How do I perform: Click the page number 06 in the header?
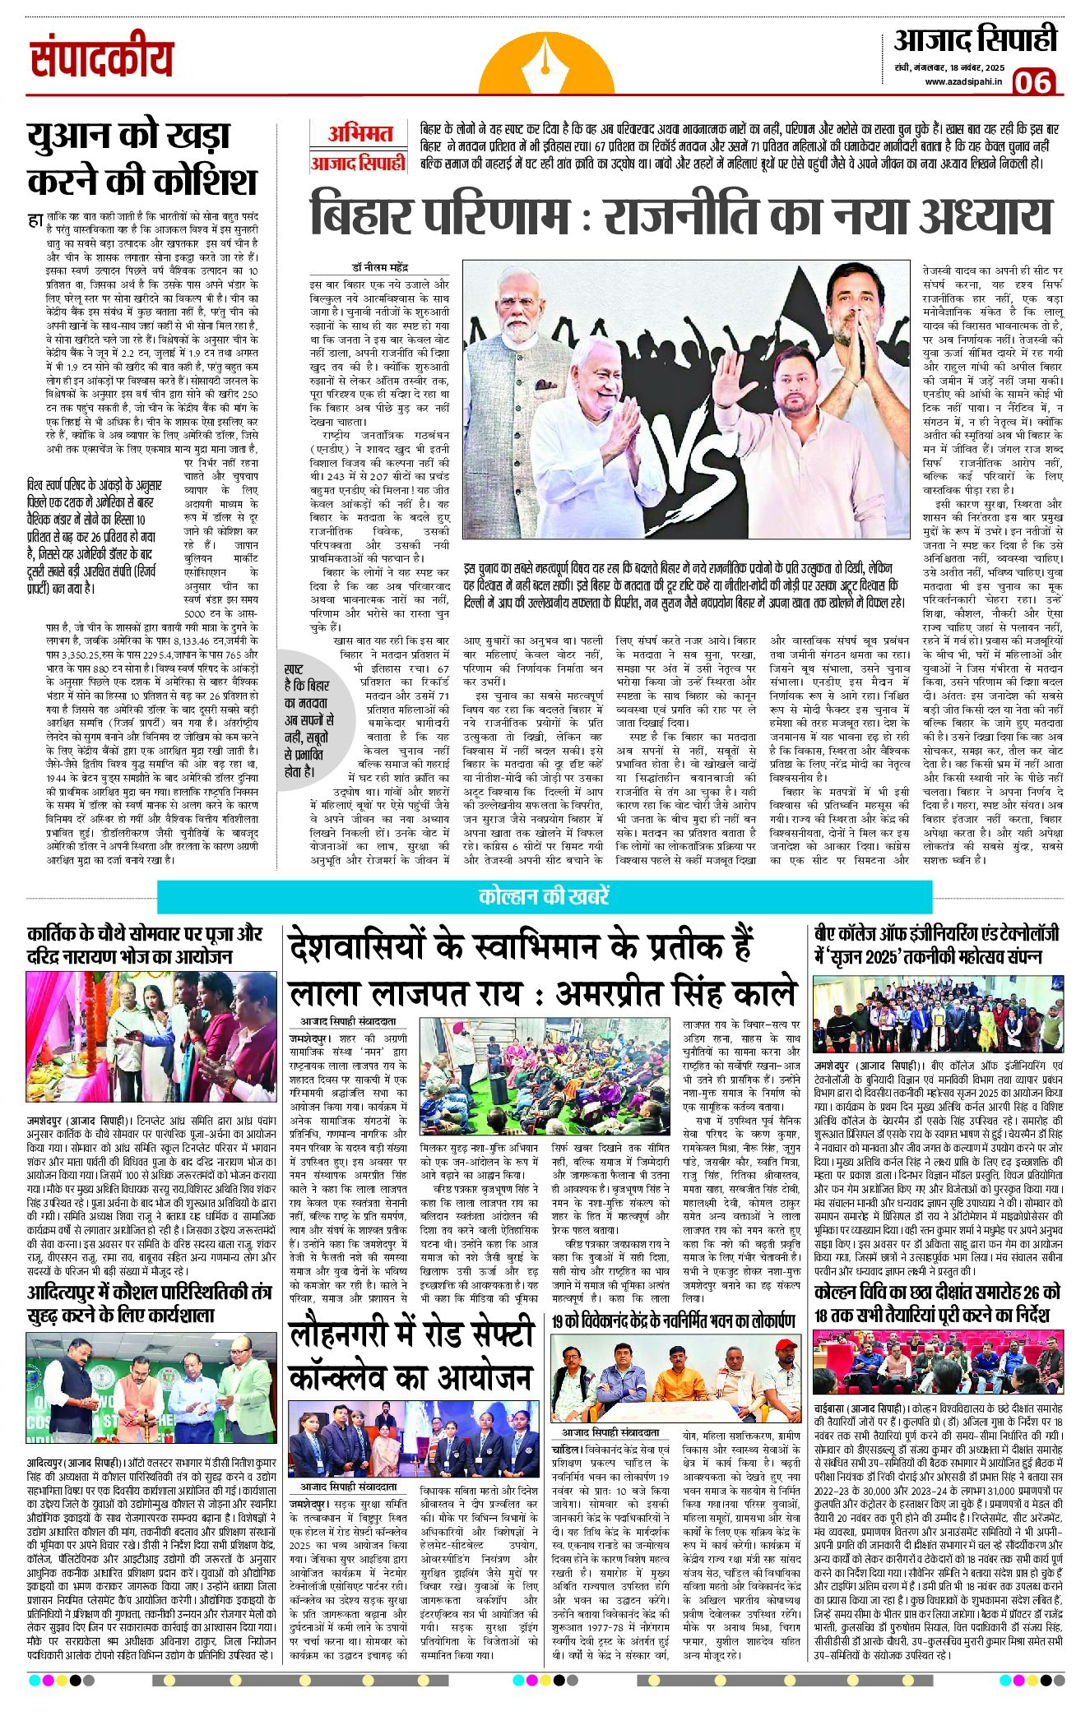(1032, 82)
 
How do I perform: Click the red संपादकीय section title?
(102, 59)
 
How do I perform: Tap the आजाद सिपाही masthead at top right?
(975, 40)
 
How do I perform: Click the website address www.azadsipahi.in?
(963, 81)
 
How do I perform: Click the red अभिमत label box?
(359, 134)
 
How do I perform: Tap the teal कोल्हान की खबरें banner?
(544, 896)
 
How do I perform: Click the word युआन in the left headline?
(79, 136)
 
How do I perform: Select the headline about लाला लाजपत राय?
(543, 969)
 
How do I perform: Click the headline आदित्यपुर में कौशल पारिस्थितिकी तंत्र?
(148, 1303)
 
